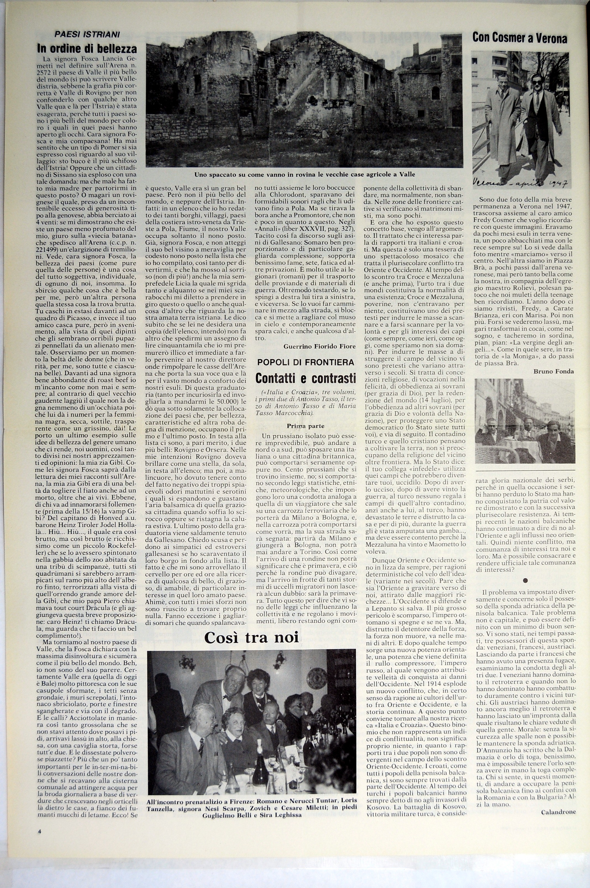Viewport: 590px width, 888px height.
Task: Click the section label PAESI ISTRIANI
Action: [x=87, y=35]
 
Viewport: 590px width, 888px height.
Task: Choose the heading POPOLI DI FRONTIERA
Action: [x=305, y=362]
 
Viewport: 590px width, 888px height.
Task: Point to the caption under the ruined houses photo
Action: [x=304, y=175]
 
